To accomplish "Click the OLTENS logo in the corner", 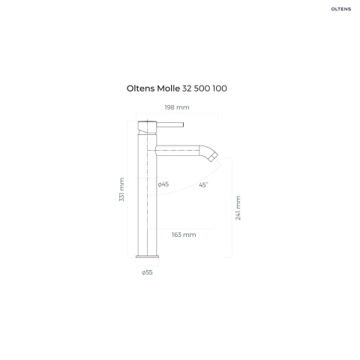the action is (341, 9).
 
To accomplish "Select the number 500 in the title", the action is (202, 88).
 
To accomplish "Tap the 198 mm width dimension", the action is (177, 107).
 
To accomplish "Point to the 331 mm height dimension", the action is (121, 189).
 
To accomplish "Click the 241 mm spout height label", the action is (238, 208).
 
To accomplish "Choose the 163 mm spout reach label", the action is (184, 235).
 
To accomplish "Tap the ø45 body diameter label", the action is (163, 184).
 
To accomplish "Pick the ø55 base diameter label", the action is (147, 272).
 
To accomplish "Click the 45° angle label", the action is (203, 184).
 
